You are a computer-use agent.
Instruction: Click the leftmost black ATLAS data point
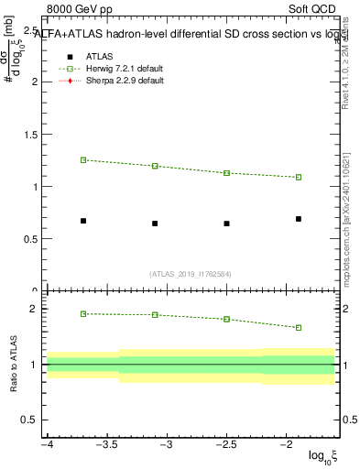[83, 221]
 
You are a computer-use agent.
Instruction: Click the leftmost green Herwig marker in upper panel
[83, 159]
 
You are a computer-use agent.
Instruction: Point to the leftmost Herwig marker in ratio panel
[83, 313]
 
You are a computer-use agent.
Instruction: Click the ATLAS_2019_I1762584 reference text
[191, 273]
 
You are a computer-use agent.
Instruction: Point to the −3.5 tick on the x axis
[106, 444]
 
